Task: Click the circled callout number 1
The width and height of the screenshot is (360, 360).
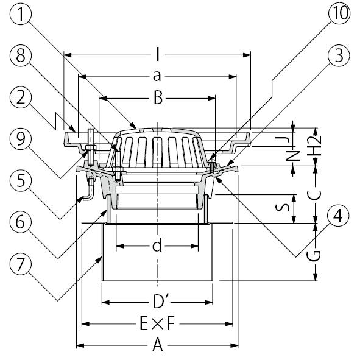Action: [x=21, y=14]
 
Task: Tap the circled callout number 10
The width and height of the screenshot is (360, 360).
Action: [x=339, y=13]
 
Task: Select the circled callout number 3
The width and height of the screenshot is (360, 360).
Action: [x=339, y=55]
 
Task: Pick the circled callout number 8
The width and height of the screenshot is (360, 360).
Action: [x=21, y=55]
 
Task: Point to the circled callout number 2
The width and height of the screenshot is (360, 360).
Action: [x=21, y=97]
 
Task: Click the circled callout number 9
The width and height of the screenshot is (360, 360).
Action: [x=21, y=139]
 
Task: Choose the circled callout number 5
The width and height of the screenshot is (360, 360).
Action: [x=21, y=180]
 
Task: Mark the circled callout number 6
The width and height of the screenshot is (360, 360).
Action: [x=21, y=222]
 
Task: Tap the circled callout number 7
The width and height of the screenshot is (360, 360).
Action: [x=21, y=264]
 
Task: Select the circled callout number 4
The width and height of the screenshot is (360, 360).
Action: [x=339, y=216]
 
